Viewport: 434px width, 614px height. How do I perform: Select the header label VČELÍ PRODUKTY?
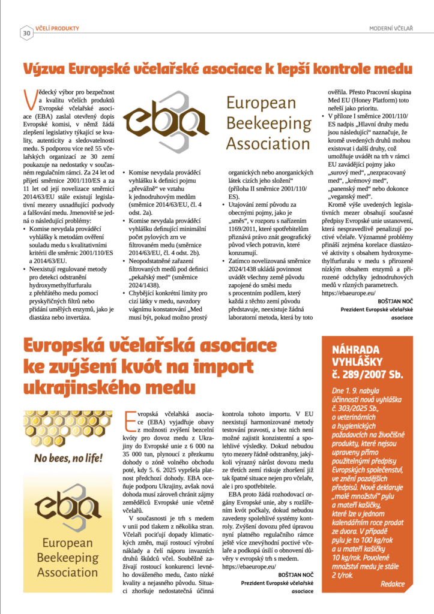[57, 28]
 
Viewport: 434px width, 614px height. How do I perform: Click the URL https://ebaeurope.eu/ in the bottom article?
[249, 565]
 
